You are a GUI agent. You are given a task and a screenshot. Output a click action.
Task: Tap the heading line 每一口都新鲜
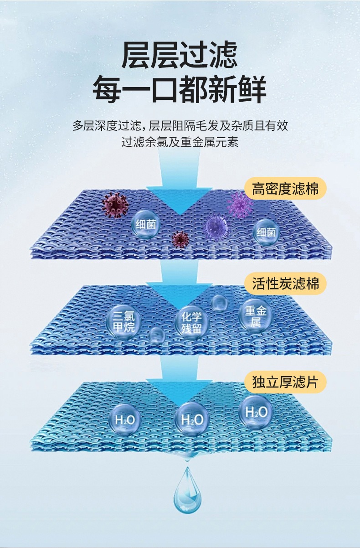(x=180, y=90)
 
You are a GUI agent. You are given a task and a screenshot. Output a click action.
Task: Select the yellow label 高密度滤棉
(x=285, y=188)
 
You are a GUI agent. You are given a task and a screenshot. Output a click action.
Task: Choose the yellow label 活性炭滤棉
(x=285, y=284)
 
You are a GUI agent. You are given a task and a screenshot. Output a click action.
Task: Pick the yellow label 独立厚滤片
(x=285, y=382)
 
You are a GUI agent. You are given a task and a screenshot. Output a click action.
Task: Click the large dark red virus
(x=114, y=205)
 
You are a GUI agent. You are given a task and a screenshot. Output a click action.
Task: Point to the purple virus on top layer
(x=240, y=204)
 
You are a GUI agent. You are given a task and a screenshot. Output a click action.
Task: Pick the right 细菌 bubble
(x=266, y=232)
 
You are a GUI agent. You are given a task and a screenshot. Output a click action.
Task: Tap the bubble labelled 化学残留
(x=191, y=322)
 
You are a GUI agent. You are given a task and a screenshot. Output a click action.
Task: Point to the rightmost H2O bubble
(x=256, y=412)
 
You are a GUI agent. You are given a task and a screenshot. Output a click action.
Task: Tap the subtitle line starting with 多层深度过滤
(x=180, y=125)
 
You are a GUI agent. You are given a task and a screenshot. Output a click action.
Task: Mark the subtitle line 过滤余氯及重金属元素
(x=180, y=142)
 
